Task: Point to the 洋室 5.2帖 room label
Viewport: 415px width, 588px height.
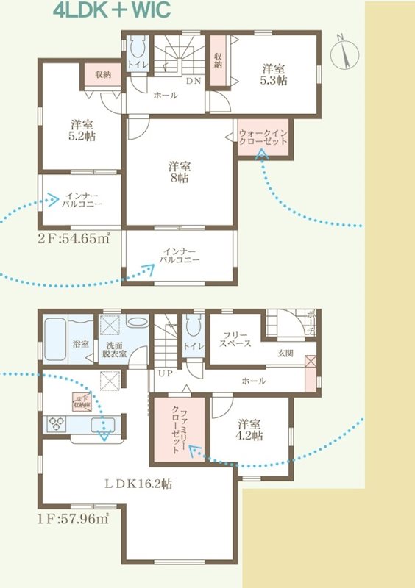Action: [81, 129]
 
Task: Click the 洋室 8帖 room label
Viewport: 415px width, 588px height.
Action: [178, 171]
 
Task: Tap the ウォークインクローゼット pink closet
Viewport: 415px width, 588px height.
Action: [263, 137]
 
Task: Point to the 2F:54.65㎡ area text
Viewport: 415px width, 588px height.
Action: [74, 237]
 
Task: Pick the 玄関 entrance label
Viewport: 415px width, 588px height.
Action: [285, 354]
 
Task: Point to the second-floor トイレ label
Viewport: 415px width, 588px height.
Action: [138, 65]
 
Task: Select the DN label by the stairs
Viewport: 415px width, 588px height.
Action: [193, 81]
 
